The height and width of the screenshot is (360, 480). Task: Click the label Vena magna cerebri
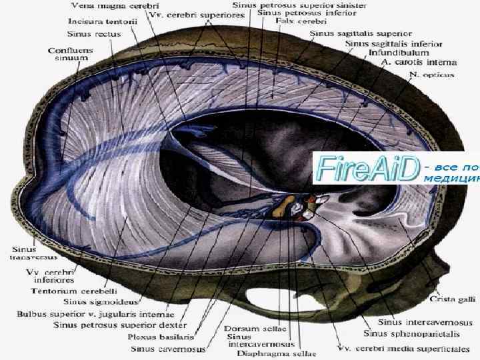(101, 6)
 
